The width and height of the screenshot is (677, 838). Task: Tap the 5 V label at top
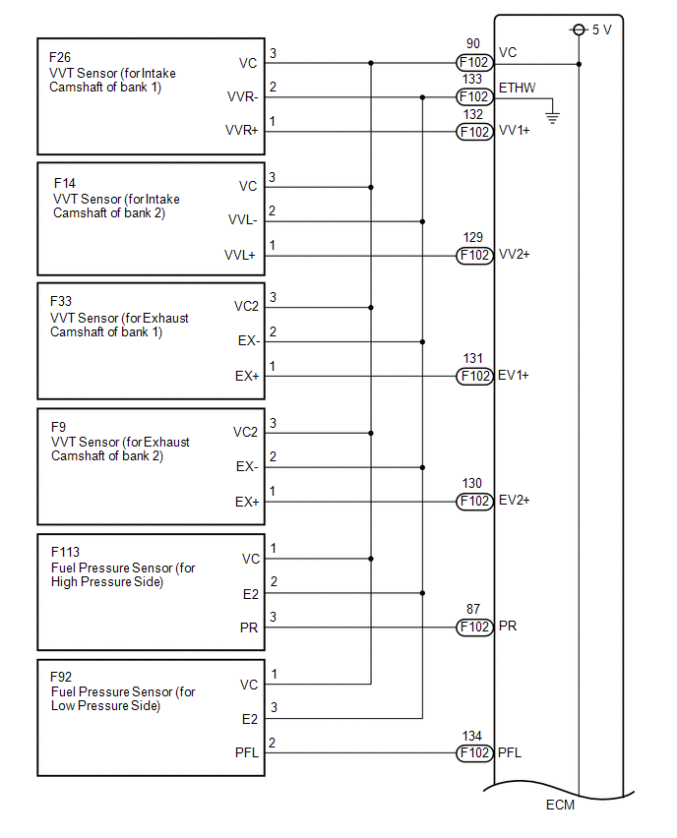click(x=601, y=30)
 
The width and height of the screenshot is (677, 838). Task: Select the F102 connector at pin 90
click(x=473, y=63)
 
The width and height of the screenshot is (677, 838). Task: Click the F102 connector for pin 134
click(x=473, y=753)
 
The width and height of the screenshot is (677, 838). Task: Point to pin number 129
click(x=473, y=239)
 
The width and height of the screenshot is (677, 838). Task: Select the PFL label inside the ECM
click(x=510, y=753)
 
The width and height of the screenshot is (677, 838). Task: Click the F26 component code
click(x=60, y=57)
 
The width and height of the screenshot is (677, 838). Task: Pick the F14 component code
click(x=66, y=183)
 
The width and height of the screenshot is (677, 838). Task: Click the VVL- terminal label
click(x=242, y=220)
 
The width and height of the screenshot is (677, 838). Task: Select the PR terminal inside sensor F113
click(x=249, y=627)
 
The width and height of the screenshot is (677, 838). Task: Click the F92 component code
click(x=61, y=677)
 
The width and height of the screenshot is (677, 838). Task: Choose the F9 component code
click(x=57, y=427)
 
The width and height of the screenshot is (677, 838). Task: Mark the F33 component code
click(x=61, y=302)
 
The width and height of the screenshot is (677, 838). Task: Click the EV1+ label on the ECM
click(x=515, y=375)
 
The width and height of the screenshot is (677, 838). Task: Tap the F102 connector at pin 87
click(x=473, y=627)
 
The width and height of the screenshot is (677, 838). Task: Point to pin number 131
click(x=473, y=360)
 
